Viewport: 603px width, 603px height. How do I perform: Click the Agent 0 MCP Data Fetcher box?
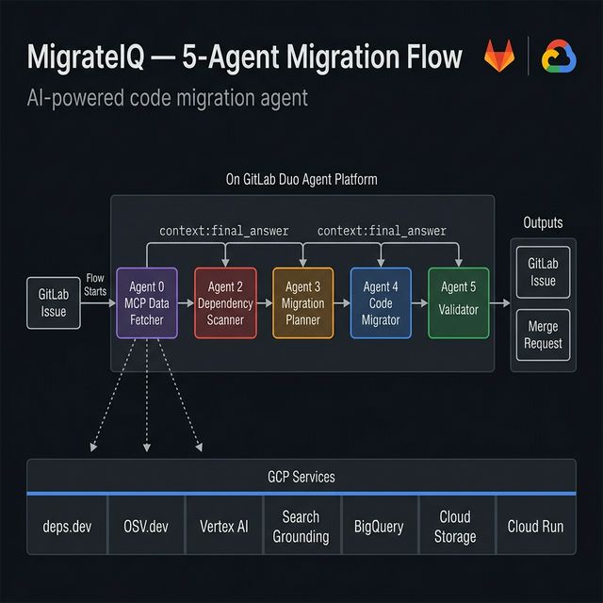click(146, 302)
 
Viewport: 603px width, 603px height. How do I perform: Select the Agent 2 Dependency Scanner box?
click(225, 302)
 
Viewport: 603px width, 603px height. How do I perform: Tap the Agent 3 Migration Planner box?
click(303, 302)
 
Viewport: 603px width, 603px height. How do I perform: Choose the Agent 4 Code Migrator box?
click(381, 302)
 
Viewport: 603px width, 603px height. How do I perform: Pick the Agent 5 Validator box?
click(459, 302)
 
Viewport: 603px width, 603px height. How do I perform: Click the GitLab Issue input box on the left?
click(54, 302)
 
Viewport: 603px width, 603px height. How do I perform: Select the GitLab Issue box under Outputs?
click(543, 272)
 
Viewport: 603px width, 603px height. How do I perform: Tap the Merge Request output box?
click(543, 334)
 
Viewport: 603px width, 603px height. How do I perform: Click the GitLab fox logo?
click(500, 58)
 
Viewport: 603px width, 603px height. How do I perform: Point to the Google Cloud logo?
click(559, 58)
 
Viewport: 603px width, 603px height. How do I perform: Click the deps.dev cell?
click(67, 527)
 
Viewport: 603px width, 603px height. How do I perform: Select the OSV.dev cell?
click(146, 527)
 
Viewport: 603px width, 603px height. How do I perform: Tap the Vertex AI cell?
click(222, 527)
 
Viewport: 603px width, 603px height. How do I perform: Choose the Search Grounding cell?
click(301, 527)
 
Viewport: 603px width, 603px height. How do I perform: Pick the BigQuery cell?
click(378, 527)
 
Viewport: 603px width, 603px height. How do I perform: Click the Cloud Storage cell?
click(455, 527)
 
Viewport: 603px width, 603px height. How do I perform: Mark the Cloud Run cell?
click(535, 527)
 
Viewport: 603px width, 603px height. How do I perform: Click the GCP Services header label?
click(301, 477)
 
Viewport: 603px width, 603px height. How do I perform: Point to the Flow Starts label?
click(95, 284)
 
